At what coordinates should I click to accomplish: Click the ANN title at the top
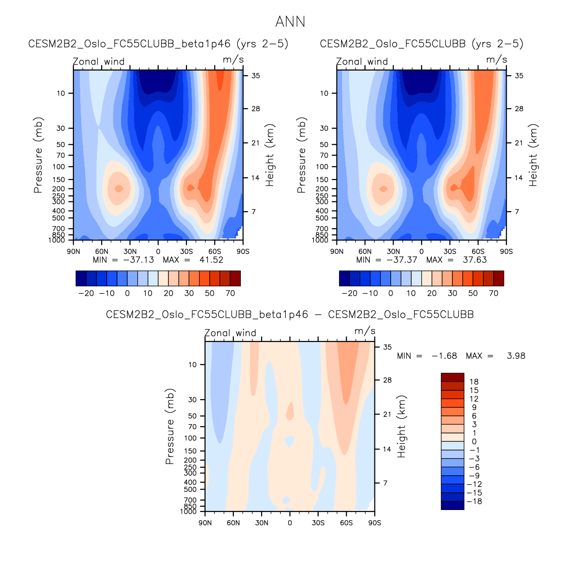coord(290,22)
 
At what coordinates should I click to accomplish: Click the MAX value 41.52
coord(211,260)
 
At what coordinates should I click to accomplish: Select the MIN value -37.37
coord(402,260)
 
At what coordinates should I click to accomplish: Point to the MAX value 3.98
coord(516,356)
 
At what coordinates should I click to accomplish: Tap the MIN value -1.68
coord(444,356)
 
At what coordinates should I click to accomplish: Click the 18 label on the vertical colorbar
coord(474,382)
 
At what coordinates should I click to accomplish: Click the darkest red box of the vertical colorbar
coord(452,377)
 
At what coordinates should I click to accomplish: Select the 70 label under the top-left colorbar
coord(230,293)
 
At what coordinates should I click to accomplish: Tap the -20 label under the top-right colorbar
coord(349,293)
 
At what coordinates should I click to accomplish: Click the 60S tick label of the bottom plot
coord(346,523)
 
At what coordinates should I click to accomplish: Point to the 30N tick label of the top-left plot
coord(130,252)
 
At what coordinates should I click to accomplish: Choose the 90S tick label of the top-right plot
coord(506,252)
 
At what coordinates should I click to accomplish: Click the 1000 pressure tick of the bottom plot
coord(188,512)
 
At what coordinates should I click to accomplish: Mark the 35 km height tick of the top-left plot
coord(256,76)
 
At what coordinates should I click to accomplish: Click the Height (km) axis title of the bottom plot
coord(401,426)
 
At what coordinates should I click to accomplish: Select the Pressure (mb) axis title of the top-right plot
coord(302,155)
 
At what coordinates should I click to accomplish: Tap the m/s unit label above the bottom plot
coord(365,331)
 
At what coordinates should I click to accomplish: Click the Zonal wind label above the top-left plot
coord(99,62)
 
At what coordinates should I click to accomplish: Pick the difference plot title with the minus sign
coord(290,315)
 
